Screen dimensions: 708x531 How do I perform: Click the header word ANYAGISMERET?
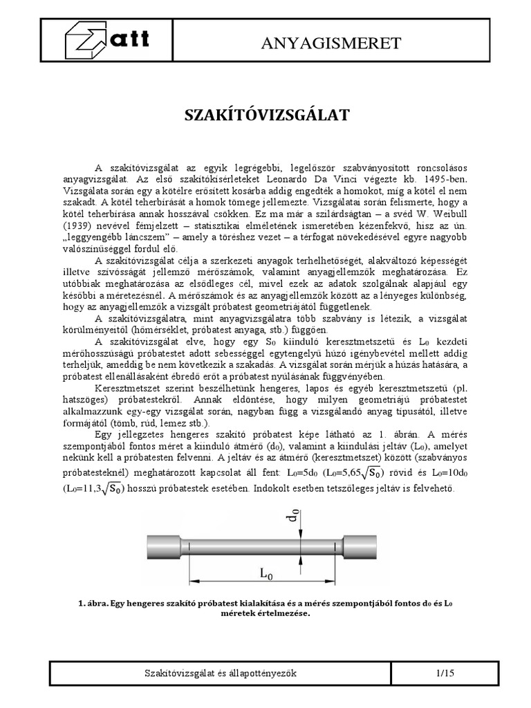click(x=331, y=44)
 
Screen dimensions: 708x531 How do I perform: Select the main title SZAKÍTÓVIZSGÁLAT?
click(x=265, y=115)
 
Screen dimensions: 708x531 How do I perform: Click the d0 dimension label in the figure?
click(x=294, y=514)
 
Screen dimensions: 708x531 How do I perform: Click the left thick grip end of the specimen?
click(x=165, y=547)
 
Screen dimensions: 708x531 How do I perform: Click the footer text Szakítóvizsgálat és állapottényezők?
click(x=221, y=673)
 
